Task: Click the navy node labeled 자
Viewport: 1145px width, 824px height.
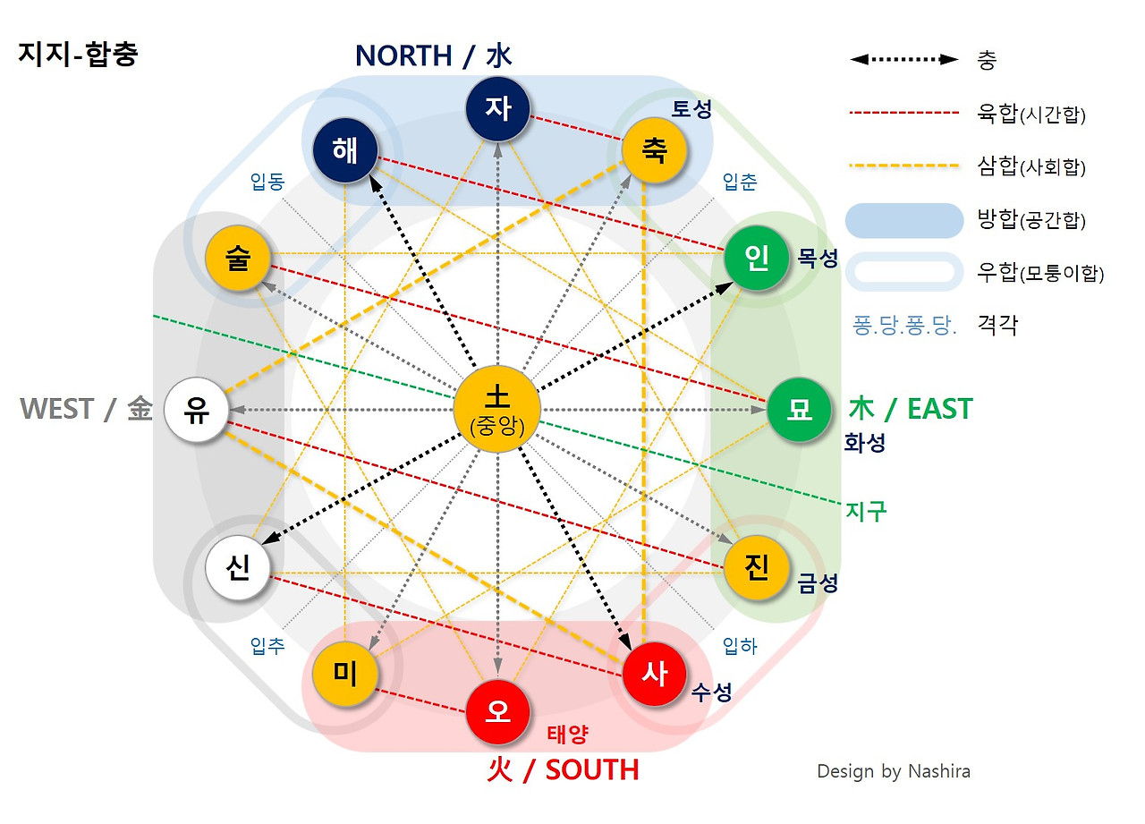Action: coord(498,109)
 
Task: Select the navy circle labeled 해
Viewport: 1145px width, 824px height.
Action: coord(345,149)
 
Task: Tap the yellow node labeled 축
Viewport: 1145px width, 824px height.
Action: coord(654,149)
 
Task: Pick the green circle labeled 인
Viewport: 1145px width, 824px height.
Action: coord(756,259)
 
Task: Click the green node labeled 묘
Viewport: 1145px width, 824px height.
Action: coord(799,410)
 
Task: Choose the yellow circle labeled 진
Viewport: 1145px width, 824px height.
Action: coord(756,567)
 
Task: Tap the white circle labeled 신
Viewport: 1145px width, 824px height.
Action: coord(238,567)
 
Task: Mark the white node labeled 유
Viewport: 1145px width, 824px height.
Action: coord(197,410)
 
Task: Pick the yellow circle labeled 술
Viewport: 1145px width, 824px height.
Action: coord(238,259)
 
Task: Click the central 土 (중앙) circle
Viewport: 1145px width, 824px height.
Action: coord(496,410)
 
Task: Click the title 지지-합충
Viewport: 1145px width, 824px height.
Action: coord(78,55)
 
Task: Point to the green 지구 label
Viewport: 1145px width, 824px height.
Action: coord(865,511)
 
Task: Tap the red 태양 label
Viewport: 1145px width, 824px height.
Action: coord(567,735)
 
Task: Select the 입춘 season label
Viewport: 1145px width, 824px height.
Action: coord(739,183)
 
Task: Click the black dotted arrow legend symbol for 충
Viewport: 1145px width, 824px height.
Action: coord(903,60)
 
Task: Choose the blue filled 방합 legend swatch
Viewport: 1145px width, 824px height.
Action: coord(904,220)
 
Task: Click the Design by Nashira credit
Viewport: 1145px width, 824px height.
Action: coord(893,771)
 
